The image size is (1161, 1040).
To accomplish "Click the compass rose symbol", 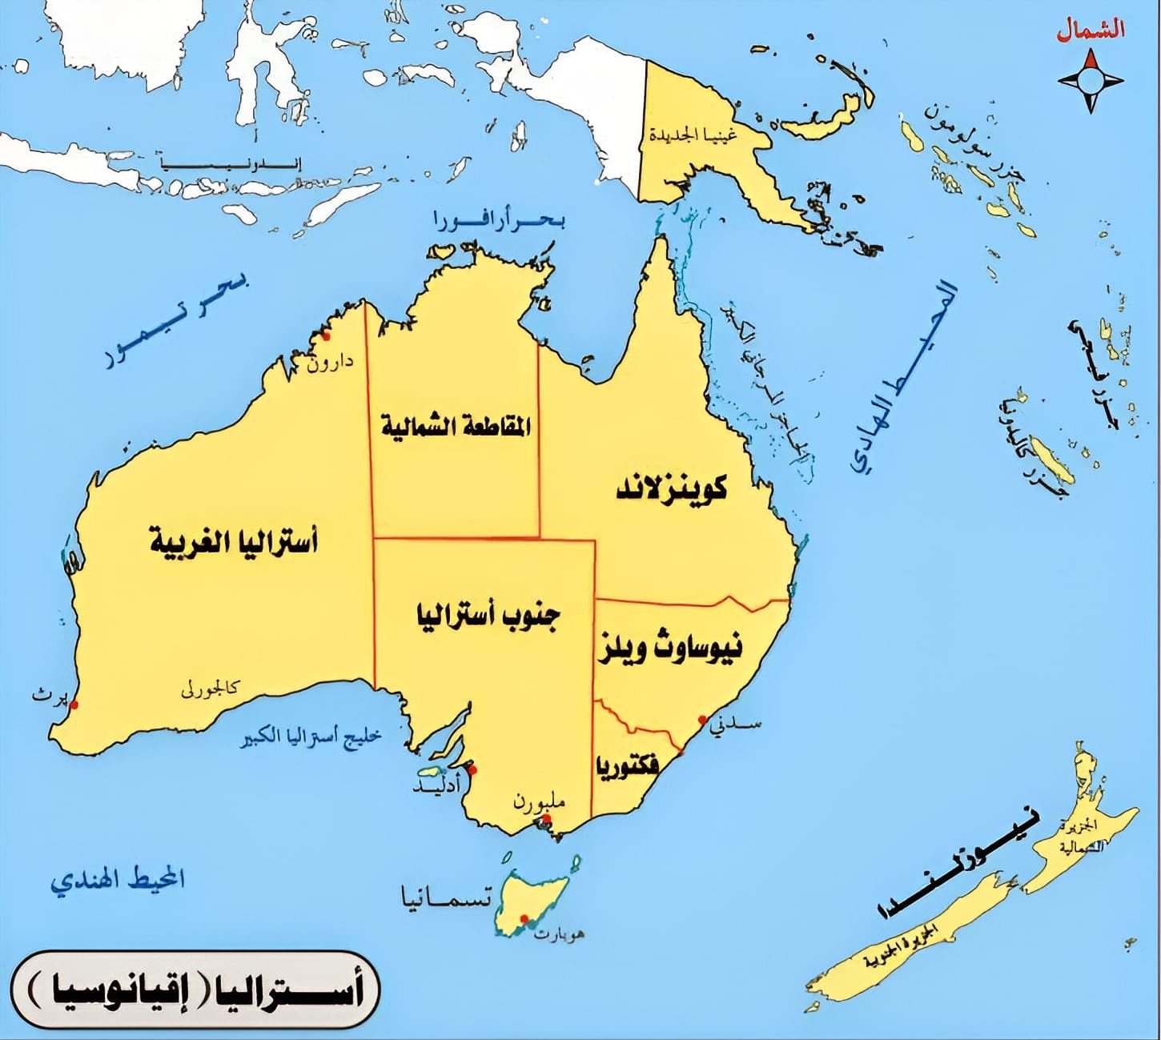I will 1091,80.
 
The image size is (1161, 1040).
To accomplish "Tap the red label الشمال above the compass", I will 1090,30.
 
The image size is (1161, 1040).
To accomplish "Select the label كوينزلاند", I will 672,488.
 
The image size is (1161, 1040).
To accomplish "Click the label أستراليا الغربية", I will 234,542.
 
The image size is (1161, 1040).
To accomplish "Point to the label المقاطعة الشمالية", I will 455,425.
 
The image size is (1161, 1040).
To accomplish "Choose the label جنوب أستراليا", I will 488,616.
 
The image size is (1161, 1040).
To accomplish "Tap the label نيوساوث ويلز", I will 670,647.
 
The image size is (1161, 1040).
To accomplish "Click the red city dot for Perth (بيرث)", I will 74,705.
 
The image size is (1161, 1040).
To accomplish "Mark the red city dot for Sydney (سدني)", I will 702,720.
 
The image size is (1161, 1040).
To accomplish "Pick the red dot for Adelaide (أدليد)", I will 472,770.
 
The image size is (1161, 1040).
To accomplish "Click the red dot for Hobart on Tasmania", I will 524,918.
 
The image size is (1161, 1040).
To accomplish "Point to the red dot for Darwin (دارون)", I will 325,336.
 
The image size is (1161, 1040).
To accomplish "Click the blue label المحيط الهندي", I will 118,879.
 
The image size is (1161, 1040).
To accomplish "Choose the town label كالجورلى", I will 210,688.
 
